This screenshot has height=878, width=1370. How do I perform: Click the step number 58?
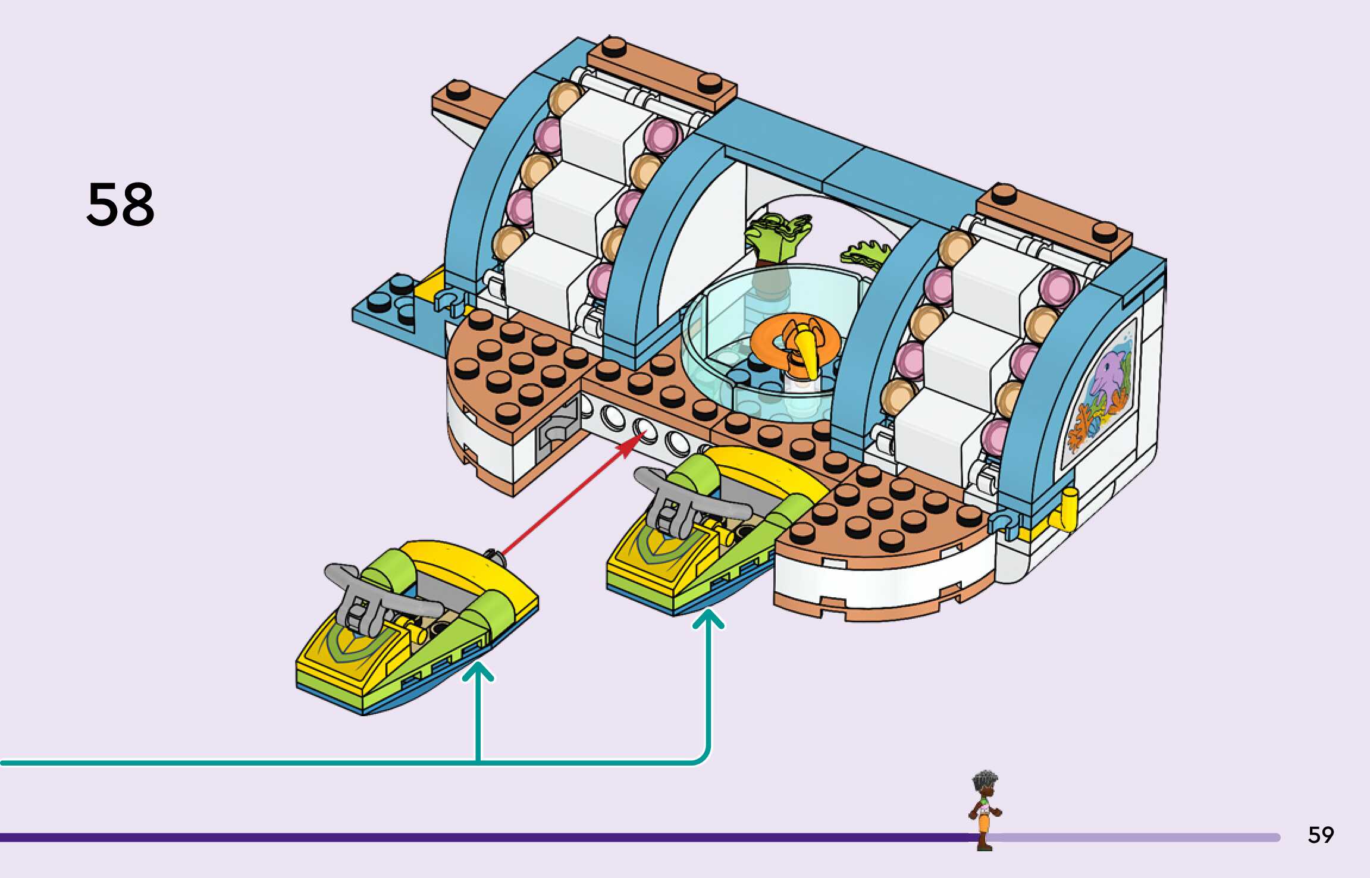pos(120,205)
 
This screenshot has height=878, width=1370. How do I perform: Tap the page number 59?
pos(1320,835)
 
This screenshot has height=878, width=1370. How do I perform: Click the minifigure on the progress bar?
pos(985,810)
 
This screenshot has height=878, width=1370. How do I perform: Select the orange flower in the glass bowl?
pos(795,344)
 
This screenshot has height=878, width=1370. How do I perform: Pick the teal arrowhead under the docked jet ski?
pos(708,619)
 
